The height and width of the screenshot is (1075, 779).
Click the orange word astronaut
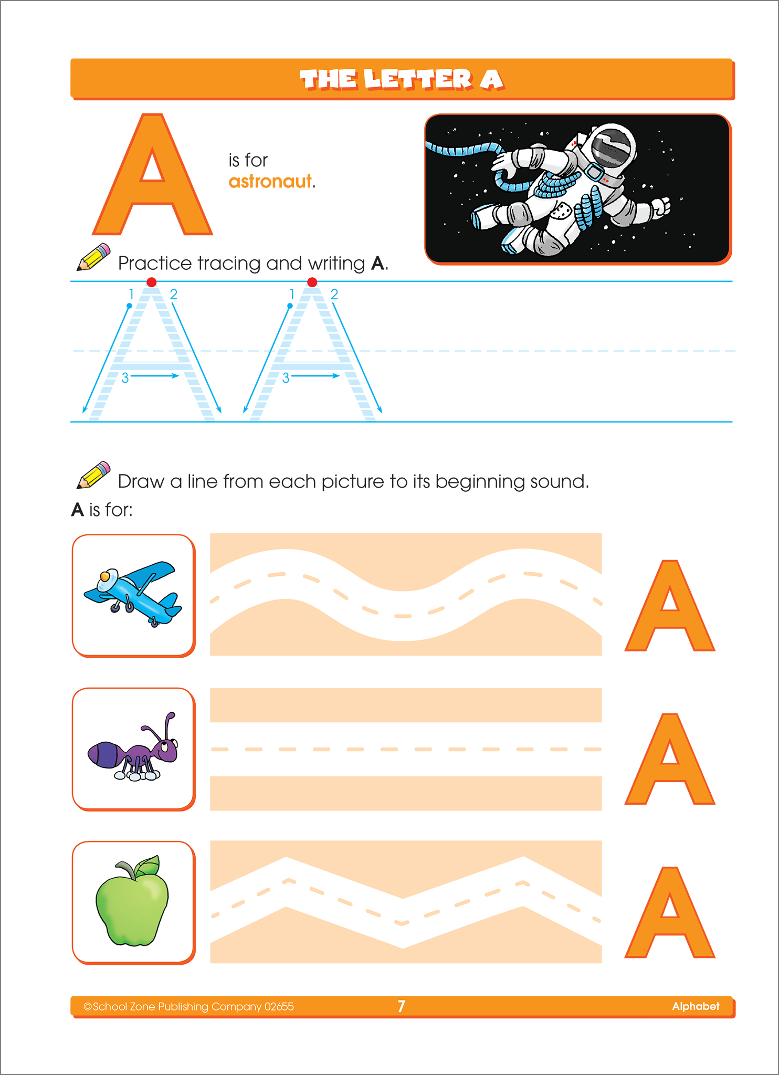coord(270,182)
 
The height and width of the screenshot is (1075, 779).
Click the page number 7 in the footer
coord(401,1006)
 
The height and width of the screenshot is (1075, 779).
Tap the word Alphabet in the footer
coord(696,1006)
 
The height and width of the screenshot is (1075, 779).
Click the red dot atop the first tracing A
coord(152,282)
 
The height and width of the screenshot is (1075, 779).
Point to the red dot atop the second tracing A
coord(312,282)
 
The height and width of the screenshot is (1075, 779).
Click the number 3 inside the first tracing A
coord(125,378)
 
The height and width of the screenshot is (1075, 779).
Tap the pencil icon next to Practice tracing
coord(93,257)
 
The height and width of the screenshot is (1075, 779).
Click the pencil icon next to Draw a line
coord(93,475)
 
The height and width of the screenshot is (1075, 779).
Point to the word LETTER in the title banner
coord(418,80)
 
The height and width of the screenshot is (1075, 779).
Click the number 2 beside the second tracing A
coord(334,294)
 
